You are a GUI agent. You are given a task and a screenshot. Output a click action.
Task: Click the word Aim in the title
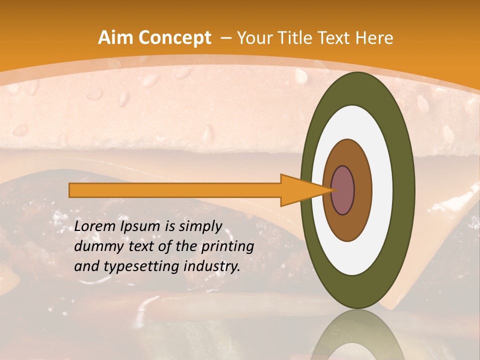(116, 38)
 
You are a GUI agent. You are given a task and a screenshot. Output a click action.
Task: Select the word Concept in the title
(174, 38)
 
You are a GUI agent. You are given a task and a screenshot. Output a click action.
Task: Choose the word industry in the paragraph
(212, 266)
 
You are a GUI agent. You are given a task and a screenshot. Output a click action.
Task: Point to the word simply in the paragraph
(200, 226)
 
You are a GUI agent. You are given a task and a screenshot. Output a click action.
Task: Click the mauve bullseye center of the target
(343, 190)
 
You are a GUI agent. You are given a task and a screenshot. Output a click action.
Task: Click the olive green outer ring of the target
(406, 190)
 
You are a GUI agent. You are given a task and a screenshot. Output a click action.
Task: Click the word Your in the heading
(254, 38)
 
